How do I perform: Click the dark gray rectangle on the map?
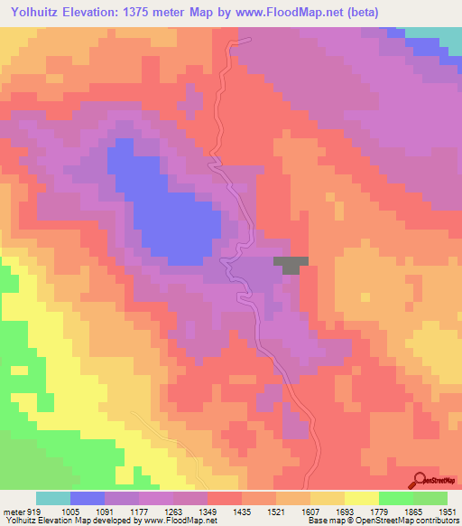[291, 263]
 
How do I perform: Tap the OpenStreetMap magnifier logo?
[420, 481]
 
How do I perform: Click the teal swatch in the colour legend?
[53, 498]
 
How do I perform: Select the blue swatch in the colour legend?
[88, 498]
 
